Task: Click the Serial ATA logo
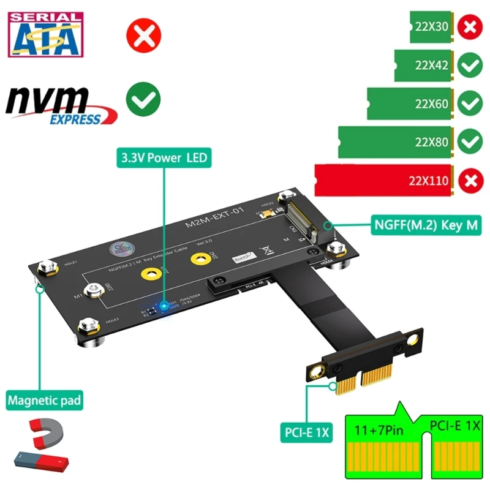[43, 35]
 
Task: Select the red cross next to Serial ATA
[143, 36]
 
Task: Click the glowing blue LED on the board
[164, 304]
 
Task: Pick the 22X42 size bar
[423, 66]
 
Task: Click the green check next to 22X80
[470, 142]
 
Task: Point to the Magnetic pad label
[44, 402]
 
